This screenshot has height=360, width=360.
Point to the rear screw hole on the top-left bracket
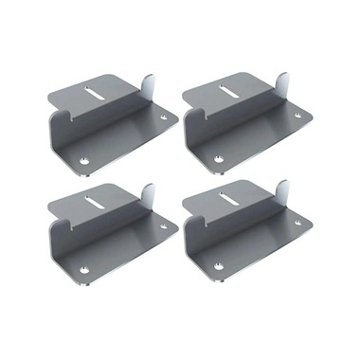166,119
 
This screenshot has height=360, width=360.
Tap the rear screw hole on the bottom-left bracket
166,225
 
